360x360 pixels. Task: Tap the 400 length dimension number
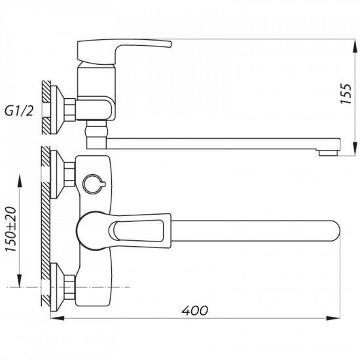point(192,310)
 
